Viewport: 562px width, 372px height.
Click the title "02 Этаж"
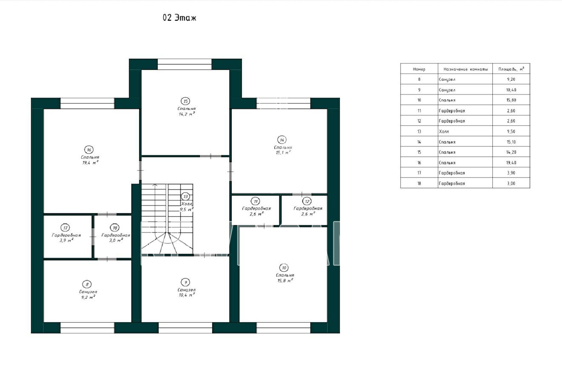click(x=179, y=18)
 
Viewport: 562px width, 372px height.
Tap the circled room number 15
click(x=185, y=101)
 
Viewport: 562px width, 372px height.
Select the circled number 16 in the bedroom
click(x=89, y=150)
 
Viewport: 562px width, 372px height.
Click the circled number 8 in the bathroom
click(x=87, y=284)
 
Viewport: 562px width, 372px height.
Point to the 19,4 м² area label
click(x=90, y=163)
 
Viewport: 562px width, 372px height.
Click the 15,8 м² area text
click(x=285, y=280)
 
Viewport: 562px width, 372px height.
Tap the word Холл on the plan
click(x=187, y=204)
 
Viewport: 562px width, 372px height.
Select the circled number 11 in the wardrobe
click(x=255, y=201)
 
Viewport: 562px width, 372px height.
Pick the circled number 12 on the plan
click(x=307, y=201)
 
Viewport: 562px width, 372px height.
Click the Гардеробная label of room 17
click(x=66, y=235)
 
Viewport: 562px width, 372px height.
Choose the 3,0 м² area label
click(x=116, y=240)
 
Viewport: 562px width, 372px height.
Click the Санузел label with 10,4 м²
click(x=187, y=290)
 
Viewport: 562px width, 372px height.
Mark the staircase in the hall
click(x=167, y=219)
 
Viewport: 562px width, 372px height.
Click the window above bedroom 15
click(x=185, y=64)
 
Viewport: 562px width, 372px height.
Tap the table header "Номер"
click(x=419, y=69)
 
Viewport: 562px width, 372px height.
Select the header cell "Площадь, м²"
click(x=511, y=69)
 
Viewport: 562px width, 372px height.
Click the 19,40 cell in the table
click(x=511, y=163)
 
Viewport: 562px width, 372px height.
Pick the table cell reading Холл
click(x=444, y=131)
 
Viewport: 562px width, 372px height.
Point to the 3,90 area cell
click(x=511, y=173)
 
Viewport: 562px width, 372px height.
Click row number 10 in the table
click(x=419, y=100)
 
